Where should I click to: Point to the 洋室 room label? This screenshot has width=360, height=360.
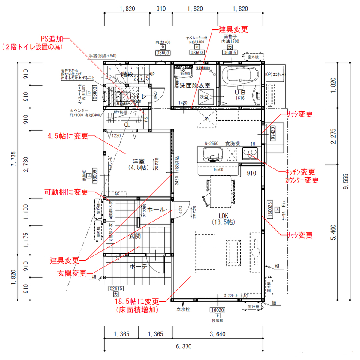click(x=138, y=161)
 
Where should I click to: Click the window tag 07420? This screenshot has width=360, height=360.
click(x=273, y=135)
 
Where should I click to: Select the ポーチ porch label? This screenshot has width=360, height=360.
click(x=138, y=266)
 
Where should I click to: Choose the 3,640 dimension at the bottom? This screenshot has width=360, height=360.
click(x=218, y=334)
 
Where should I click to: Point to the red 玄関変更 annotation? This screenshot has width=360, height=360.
click(x=72, y=273)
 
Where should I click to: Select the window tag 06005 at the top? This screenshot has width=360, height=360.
click(x=230, y=52)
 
